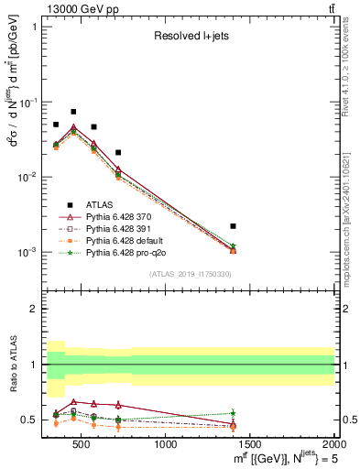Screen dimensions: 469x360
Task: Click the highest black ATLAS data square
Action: [73, 112]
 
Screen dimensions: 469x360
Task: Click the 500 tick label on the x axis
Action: [81, 445]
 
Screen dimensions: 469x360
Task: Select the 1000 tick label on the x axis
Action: [166, 445]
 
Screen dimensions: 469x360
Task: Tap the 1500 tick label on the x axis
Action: [251, 445]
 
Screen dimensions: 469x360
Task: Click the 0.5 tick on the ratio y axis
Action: [32, 420]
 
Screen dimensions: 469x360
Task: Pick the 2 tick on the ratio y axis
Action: [36, 309]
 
